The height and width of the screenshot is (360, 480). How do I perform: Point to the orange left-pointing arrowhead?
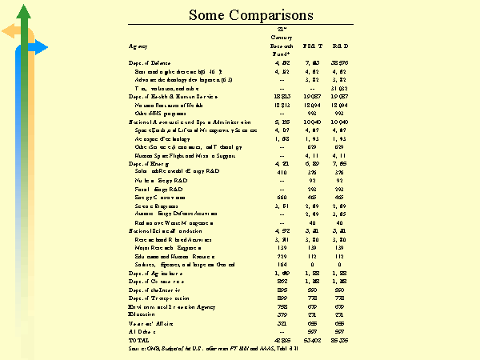[7, 31]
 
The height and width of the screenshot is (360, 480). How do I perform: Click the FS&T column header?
[313, 49]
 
